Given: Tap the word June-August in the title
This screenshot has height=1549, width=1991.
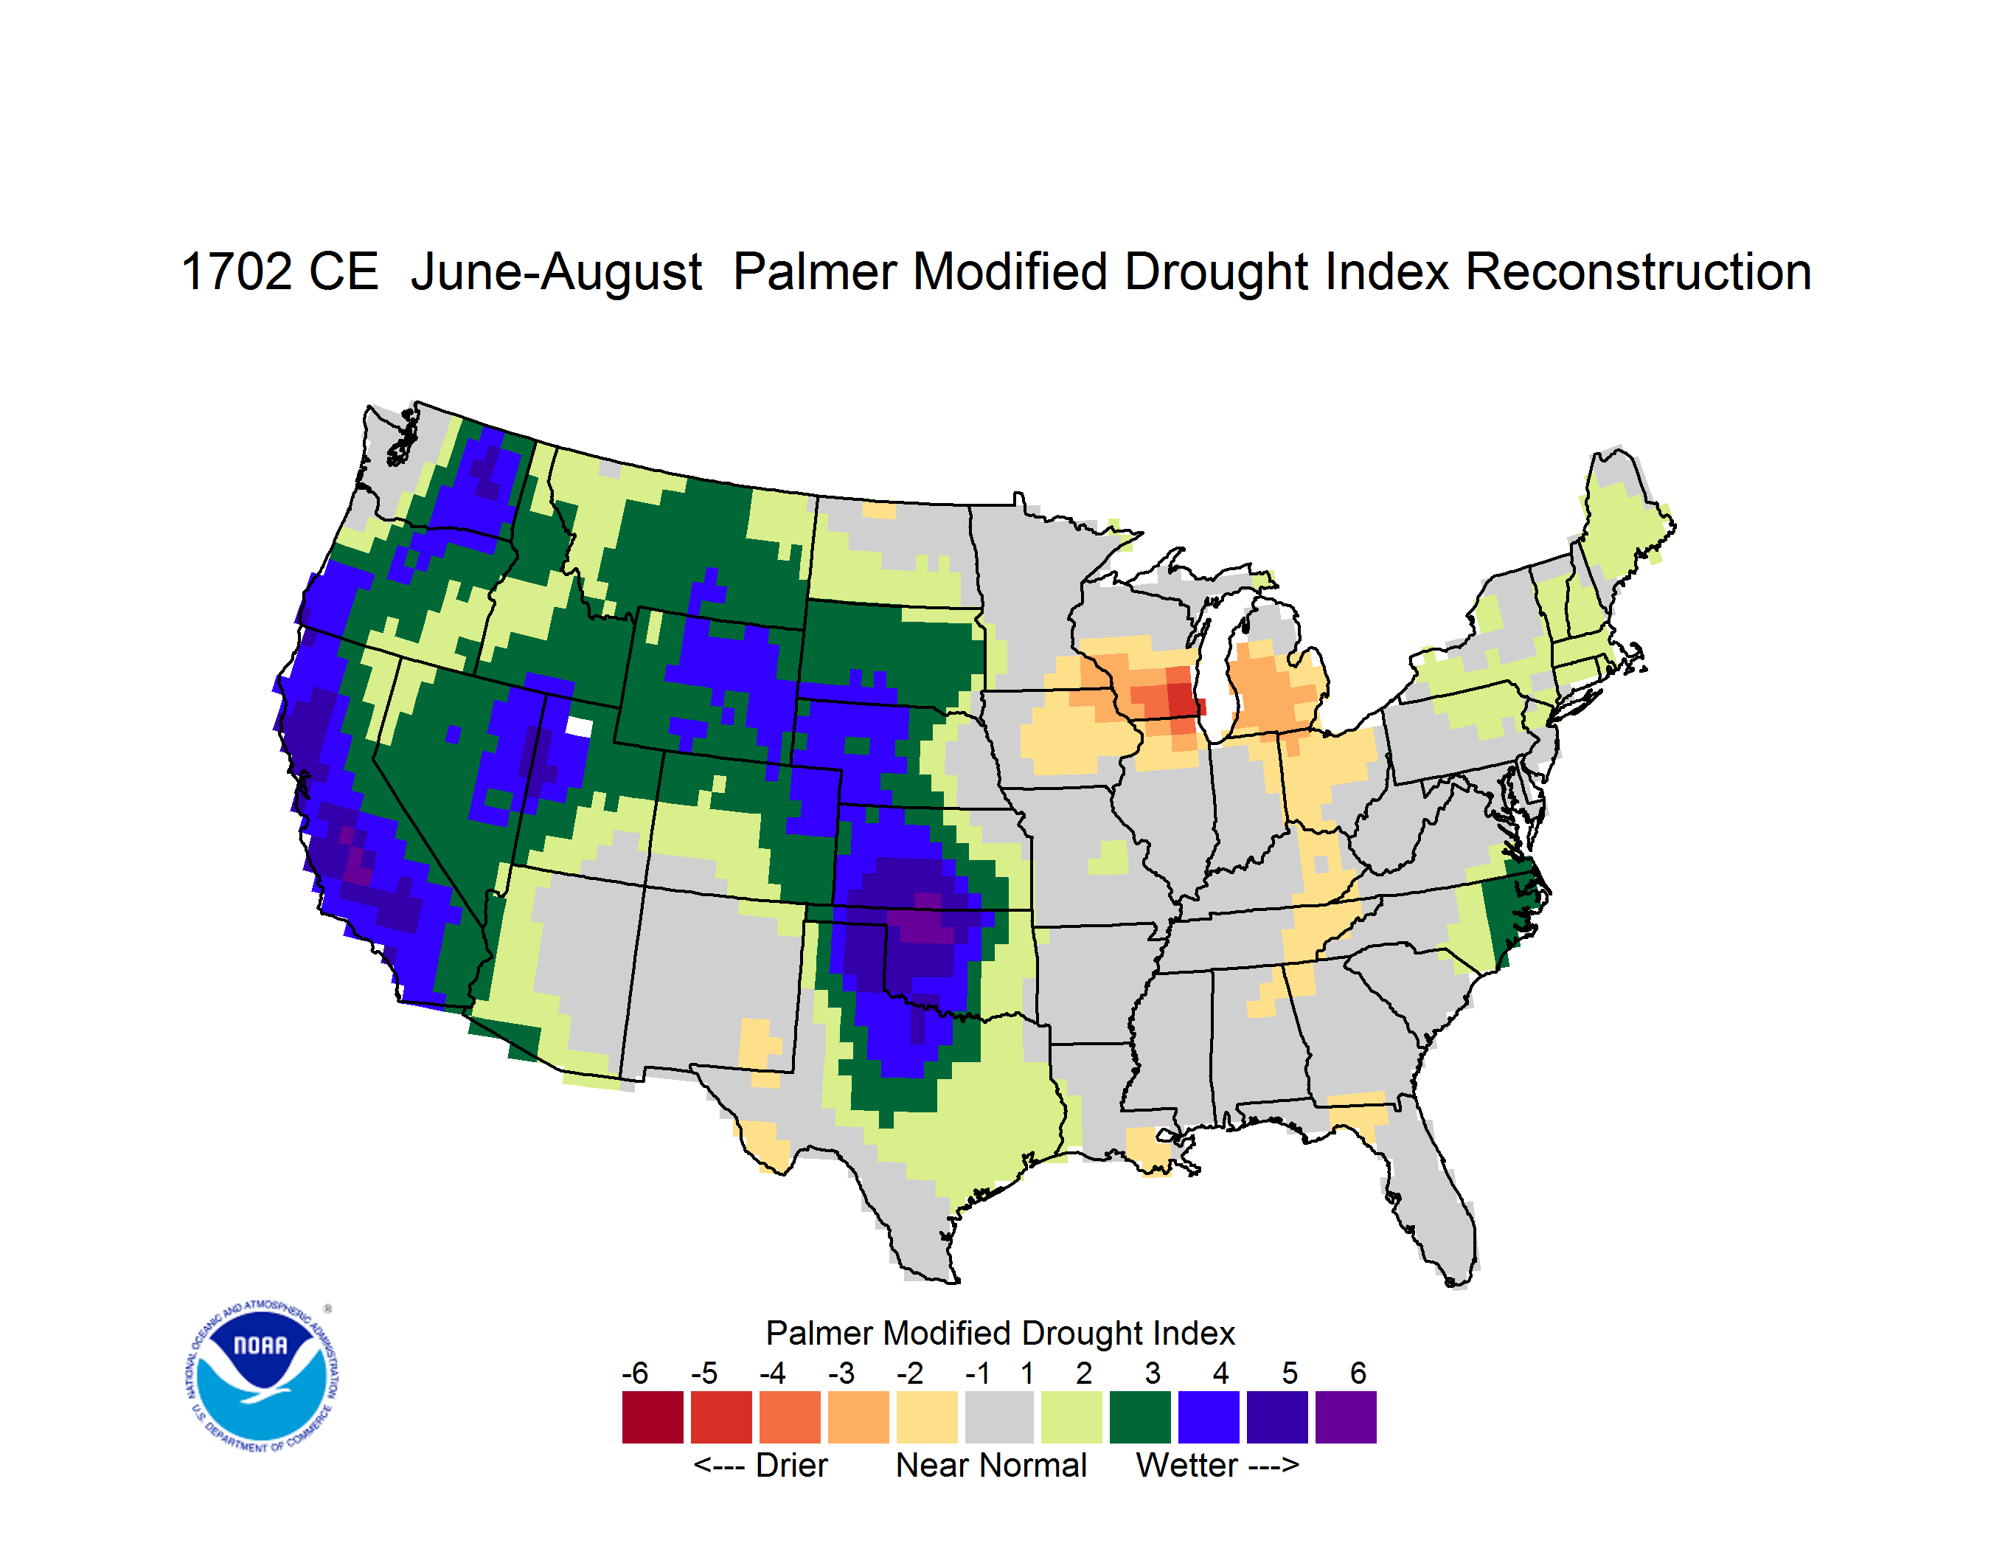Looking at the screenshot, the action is pyautogui.click(x=556, y=274).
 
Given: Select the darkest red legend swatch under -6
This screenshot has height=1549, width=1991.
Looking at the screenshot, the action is pyautogui.click(x=653, y=1417).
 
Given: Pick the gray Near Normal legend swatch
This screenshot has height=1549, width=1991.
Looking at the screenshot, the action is pyautogui.click(x=999, y=1417).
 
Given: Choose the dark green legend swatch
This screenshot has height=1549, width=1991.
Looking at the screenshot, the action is pyautogui.click(x=1139, y=1417).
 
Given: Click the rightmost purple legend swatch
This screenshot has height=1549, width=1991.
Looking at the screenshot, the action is pyautogui.click(x=1346, y=1417).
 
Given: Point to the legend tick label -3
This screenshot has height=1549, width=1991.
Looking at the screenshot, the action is pyautogui.click(x=841, y=1372).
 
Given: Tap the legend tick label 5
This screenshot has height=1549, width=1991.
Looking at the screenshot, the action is pyautogui.click(x=1289, y=1372).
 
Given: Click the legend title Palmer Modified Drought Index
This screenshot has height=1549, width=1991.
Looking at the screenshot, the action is pyautogui.click(x=1000, y=1333).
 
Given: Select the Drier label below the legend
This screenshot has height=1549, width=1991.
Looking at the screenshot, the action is pyautogui.click(x=791, y=1465).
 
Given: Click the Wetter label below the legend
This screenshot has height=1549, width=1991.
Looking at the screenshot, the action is pyautogui.click(x=1187, y=1465).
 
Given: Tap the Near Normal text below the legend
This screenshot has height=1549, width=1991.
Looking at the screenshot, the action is pyautogui.click(x=991, y=1465).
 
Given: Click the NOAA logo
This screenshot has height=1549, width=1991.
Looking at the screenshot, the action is pyautogui.click(x=262, y=1376).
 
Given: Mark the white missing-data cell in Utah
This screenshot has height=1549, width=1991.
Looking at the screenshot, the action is pyautogui.click(x=579, y=727).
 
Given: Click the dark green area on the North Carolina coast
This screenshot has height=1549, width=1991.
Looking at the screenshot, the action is pyautogui.click(x=1508, y=916).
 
